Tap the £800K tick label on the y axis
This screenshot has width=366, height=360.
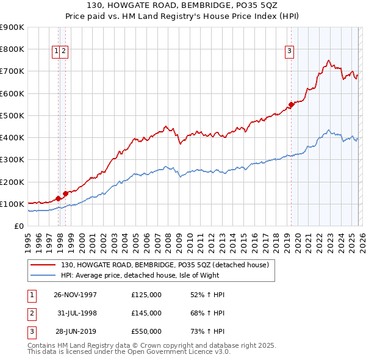coord(12,49)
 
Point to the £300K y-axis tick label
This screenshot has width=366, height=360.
coord(12,160)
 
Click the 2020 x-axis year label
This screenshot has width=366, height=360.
coord(296,240)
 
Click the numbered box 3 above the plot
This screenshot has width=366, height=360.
coord(289,51)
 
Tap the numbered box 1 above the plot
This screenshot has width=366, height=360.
coord(56,51)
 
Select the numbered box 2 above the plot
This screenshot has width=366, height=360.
coord(63,51)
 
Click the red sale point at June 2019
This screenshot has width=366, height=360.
coord(292,105)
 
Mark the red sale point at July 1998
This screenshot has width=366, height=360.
coord(65,194)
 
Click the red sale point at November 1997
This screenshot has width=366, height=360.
coord(58,198)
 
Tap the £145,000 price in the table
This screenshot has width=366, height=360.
coord(146,313)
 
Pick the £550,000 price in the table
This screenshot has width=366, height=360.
coord(146,331)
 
